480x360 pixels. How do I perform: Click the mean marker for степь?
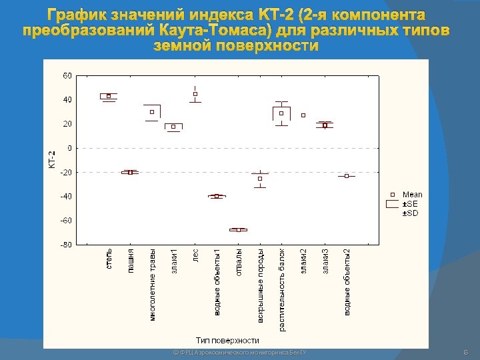tap(109, 96)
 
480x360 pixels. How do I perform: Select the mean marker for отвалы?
tap(238, 229)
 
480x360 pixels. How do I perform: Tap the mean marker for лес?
tap(195, 94)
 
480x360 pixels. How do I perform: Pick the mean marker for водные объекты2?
tap(347, 176)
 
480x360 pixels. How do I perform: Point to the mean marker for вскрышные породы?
tap(260, 179)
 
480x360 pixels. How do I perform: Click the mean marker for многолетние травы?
tap(152, 112)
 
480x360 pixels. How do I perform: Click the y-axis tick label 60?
tap(67, 75)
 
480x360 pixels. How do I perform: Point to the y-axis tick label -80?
tap(67, 245)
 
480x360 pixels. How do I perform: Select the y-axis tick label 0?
tap(69, 148)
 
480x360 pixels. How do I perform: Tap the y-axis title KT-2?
tap(52, 159)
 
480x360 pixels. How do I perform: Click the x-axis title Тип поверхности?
tap(227, 340)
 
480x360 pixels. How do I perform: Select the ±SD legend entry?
tap(410, 213)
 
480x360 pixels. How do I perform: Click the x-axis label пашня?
tap(131, 259)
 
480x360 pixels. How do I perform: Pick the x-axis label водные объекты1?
tap(217, 282)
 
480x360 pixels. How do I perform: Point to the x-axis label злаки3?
tap(325, 261)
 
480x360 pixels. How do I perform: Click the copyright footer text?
tap(239, 351)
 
